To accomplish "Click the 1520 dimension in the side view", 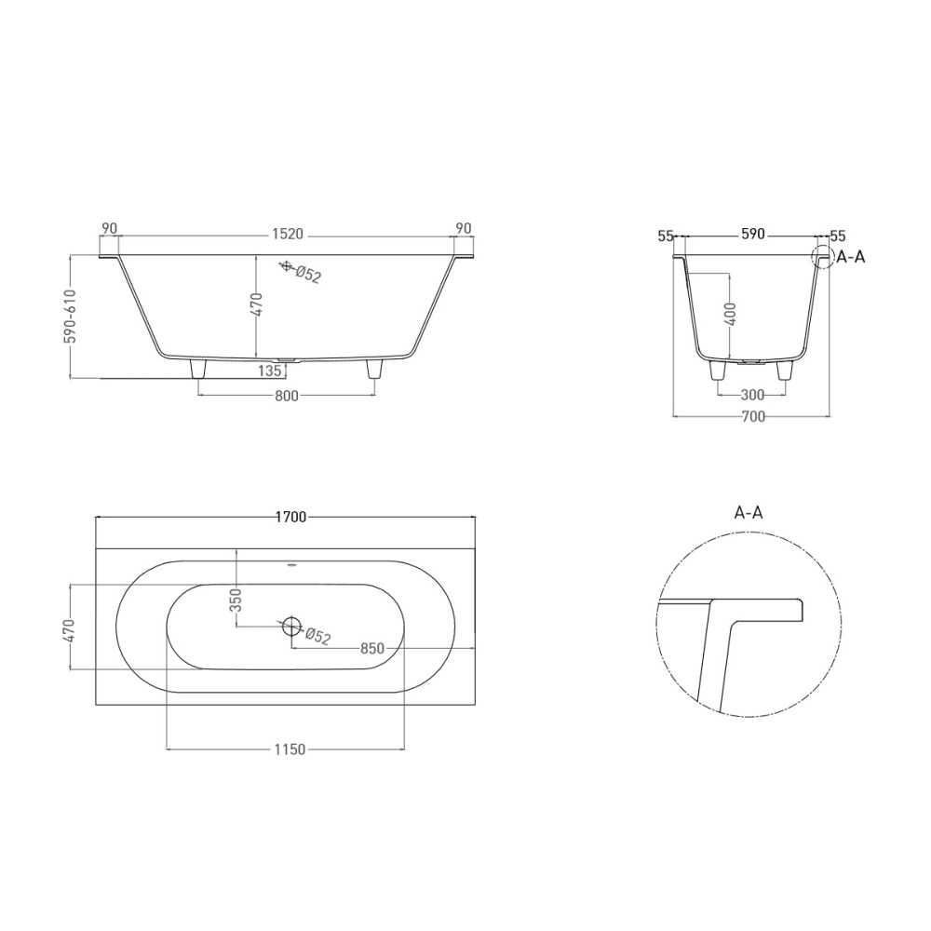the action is [288, 234].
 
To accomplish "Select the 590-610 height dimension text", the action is [71, 317].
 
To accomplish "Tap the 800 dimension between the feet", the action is [286, 396].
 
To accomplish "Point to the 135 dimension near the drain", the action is [270, 371].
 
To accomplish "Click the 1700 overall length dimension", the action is [290, 517].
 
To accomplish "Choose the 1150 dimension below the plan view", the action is [290, 749].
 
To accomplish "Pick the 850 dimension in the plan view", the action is [372, 648].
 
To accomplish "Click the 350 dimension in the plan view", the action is [236, 600].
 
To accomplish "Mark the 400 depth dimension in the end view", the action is [730, 314].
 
